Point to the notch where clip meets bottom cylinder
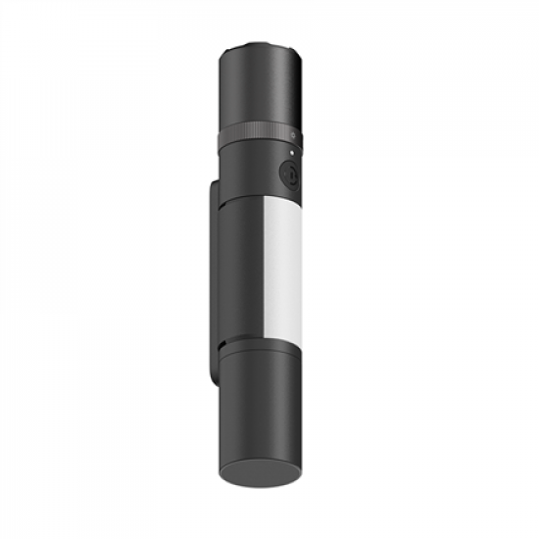click(224, 345)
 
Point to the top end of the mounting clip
click(218, 182)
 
